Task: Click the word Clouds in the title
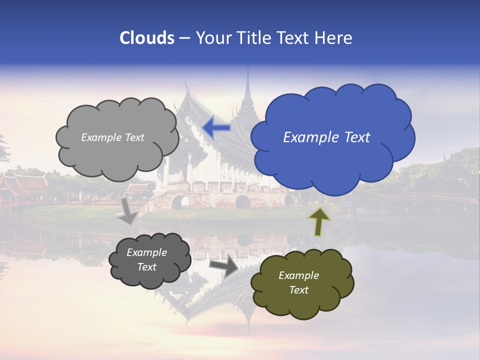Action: coord(146,38)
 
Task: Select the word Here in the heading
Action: coord(334,38)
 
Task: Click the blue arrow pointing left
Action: coord(216,127)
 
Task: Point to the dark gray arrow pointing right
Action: coord(224,266)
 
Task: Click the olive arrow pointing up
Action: coord(319,221)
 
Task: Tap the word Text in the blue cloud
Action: coord(357,137)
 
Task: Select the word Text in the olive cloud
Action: coord(298,290)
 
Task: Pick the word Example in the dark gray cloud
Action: coord(147,252)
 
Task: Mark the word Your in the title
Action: coord(212,38)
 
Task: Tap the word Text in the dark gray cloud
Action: coord(147,267)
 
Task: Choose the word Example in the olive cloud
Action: coord(298,275)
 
